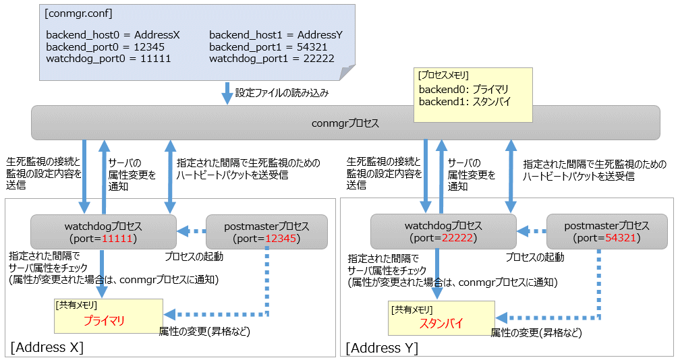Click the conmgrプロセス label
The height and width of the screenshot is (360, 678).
click(x=345, y=123)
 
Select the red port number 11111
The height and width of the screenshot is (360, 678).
click(x=117, y=239)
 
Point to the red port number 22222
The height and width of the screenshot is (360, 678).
click(x=457, y=238)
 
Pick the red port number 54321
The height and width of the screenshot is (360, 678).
click(x=621, y=238)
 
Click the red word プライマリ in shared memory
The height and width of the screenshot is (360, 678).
click(x=104, y=321)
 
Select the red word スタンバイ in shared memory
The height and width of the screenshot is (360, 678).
click(x=441, y=324)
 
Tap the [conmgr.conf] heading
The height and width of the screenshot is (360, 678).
click(x=78, y=13)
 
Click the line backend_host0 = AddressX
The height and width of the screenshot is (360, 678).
click(x=113, y=35)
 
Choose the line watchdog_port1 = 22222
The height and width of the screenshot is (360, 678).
click(x=272, y=59)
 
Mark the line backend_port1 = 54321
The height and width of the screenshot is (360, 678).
click(x=268, y=47)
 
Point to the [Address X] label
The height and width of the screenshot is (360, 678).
click(x=47, y=347)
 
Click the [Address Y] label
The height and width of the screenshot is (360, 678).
click(x=383, y=348)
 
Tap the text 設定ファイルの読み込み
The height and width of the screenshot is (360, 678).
click(x=282, y=93)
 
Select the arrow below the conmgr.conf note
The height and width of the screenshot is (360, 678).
click(x=227, y=93)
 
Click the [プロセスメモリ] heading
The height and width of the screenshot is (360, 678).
click(x=443, y=76)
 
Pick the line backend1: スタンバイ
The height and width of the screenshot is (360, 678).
click(x=465, y=102)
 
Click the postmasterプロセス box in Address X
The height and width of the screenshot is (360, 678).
click(x=266, y=232)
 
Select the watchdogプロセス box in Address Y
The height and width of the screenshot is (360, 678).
click(x=444, y=232)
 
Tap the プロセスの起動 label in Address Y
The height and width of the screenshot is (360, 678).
click(x=535, y=258)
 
